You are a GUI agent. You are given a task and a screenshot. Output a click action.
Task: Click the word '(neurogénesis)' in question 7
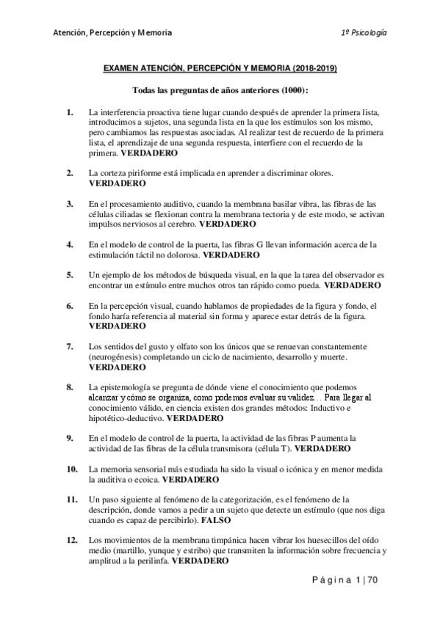pos(116,356)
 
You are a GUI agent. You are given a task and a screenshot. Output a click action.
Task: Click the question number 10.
pos(71,467)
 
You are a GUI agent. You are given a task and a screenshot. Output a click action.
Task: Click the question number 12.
pos(71,538)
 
